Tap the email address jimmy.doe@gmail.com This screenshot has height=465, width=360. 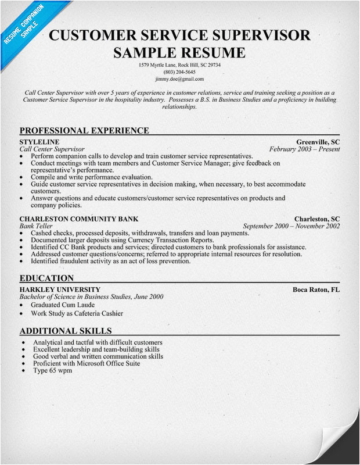(179, 78)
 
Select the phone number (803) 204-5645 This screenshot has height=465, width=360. (179, 71)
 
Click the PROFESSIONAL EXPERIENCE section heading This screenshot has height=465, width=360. (84, 131)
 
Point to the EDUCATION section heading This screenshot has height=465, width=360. (46, 278)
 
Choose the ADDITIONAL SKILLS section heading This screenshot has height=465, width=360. (65, 331)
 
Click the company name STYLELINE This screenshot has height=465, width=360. (39, 142)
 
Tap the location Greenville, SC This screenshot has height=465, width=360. (318, 142)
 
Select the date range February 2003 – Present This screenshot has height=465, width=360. (305, 149)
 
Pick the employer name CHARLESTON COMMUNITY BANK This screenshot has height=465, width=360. (79, 219)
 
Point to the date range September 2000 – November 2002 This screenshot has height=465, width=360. (291, 226)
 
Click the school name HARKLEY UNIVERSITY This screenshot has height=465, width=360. (60, 289)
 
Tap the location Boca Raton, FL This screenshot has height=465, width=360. (316, 289)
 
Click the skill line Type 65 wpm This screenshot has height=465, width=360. (52, 370)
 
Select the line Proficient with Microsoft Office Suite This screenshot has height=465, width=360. (87, 363)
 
